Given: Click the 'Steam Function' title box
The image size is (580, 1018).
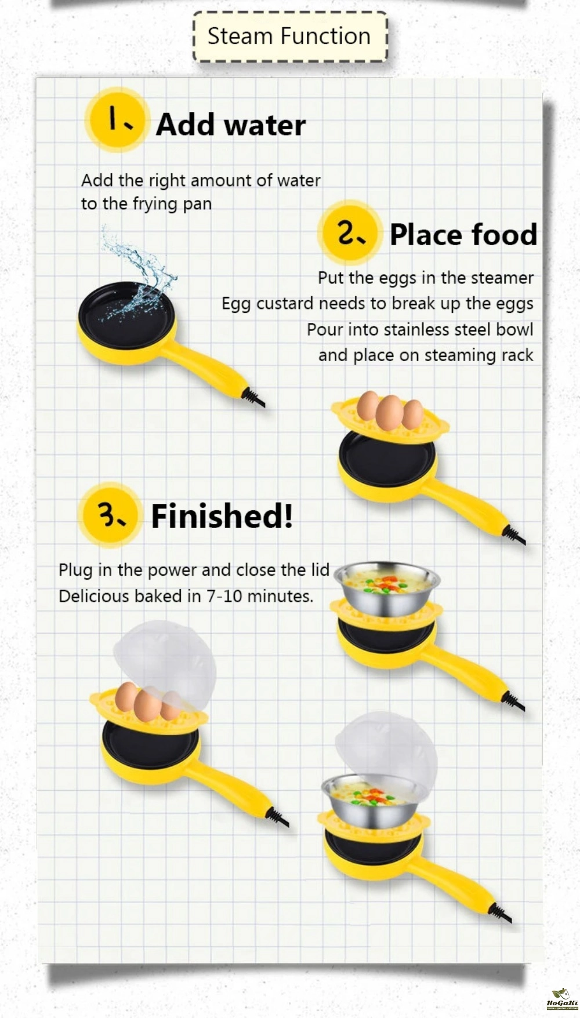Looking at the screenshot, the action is [289, 37].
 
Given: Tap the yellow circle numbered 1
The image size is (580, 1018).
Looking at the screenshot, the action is [117, 120].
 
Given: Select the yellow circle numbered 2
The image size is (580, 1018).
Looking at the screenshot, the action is [350, 232].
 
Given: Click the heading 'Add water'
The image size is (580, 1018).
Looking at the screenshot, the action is [231, 125].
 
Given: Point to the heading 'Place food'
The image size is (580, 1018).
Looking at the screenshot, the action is [463, 235].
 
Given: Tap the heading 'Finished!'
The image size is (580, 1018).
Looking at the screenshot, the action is [222, 516].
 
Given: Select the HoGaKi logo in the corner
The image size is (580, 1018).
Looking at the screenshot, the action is [562, 998].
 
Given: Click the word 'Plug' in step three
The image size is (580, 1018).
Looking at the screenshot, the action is [75, 570].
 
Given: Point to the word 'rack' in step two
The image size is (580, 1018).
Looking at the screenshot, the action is [517, 355].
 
